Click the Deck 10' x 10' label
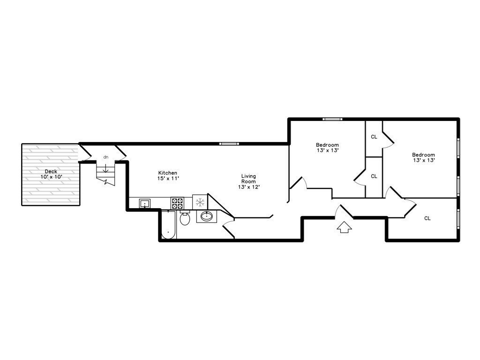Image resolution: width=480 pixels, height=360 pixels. pyautogui.click(x=51, y=174)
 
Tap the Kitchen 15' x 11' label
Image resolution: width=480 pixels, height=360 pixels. pyautogui.click(x=168, y=175)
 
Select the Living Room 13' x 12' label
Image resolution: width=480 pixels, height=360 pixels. pyautogui.click(x=248, y=181)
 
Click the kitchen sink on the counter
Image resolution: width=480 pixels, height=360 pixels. pyautogui.click(x=144, y=203)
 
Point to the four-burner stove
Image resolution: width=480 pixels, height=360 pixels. pyautogui.click(x=177, y=203)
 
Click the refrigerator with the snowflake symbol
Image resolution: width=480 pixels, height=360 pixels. pyautogui.click(x=200, y=202)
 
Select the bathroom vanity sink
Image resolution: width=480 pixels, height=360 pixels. pyautogui.click(x=207, y=217)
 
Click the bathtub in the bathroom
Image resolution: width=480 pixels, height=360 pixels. pyautogui.click(x=168, y=225)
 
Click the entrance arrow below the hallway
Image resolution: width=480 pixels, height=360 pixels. pyautogui.click(x=344, y=227)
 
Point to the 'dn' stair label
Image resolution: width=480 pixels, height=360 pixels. pyautogui.click(x=106, y=157)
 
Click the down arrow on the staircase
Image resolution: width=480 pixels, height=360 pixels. pyautogui.click(x=105, y=168)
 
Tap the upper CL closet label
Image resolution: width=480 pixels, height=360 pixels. pyautogui.click(x=374, y=137)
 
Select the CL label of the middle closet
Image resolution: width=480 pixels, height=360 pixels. pyautogui.click(x=374, y=176)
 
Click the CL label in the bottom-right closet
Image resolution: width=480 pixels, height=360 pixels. pyautogui.click(x=427, y=218)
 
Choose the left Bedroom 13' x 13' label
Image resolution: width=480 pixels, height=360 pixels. pyautogui.click(x=327, y=148)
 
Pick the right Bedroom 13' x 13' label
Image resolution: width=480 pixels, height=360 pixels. pyautogui.click(x=423, y=157)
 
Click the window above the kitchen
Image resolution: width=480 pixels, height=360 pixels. pyautogui.click(x=229, y=143)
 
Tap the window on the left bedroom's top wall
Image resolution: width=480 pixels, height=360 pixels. pyautogui.click(x=332, y=119)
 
